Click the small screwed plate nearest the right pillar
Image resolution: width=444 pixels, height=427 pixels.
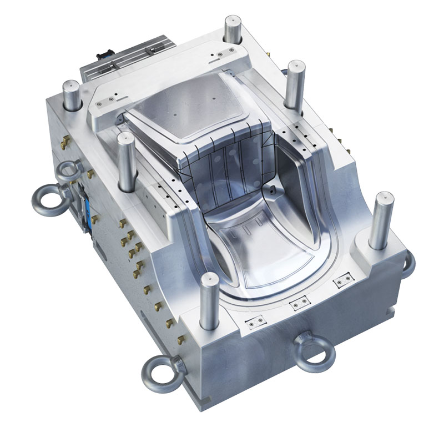341,283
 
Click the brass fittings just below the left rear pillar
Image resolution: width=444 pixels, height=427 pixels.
63,143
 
